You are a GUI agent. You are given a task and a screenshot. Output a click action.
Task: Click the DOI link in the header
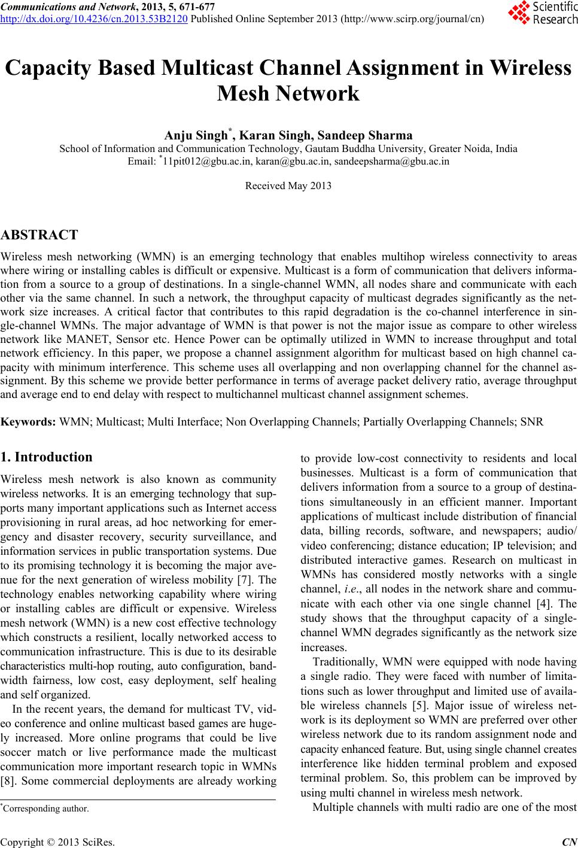coord(95,19)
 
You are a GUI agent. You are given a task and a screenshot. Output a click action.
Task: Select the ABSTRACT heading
coord(39,234)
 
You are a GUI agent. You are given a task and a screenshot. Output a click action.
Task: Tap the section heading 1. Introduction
coord(47,457)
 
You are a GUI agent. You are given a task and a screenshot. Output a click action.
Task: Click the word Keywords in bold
coord(29,422)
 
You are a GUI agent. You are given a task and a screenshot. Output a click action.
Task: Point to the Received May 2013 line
coord(288,186)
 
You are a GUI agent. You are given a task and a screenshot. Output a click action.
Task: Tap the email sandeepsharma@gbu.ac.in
coord(392,161)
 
